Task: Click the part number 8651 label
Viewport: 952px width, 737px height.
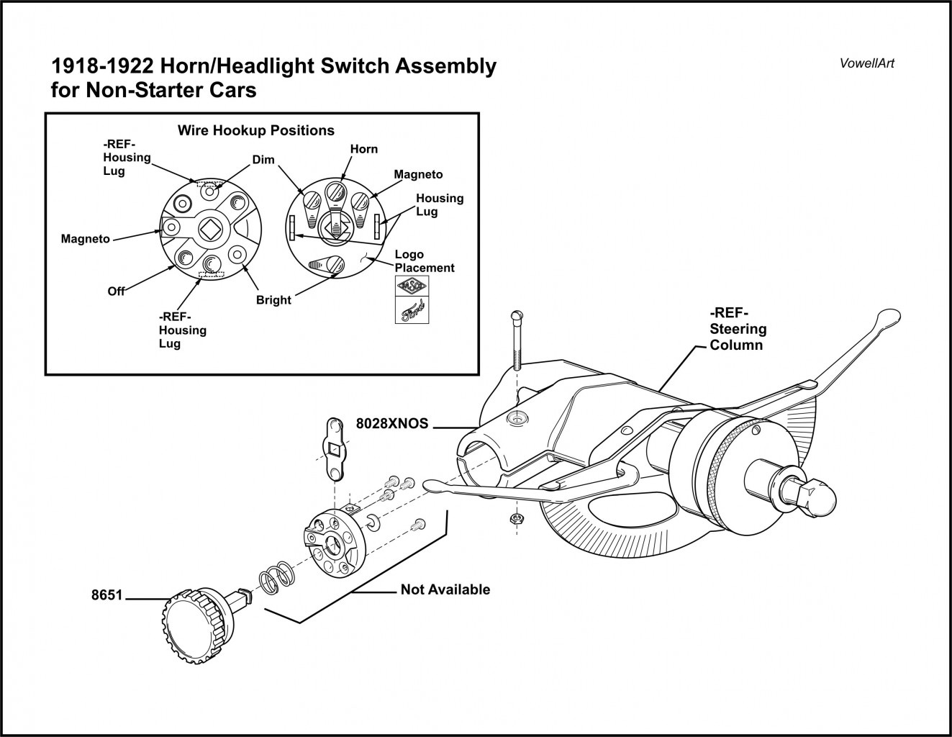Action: [106, 596]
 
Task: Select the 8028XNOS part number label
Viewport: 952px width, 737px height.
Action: [391, 424]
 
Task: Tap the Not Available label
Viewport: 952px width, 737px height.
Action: [445, 589]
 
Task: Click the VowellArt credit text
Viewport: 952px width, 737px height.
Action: [866, 63]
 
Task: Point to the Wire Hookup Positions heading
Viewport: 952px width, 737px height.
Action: [255, 130]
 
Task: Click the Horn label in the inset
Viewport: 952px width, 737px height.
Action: [363, 149]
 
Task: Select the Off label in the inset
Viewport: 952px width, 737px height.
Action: [116, 291]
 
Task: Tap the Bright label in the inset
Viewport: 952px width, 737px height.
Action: [273, 299]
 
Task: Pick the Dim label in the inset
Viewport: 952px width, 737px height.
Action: [263, 160]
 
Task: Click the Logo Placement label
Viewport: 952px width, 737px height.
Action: [425, 261]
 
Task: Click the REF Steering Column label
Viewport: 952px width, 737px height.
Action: [738, 329]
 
